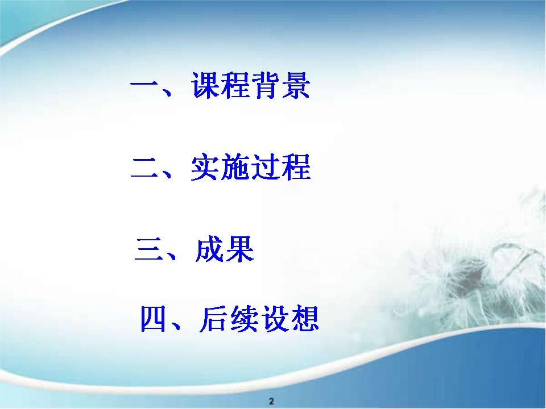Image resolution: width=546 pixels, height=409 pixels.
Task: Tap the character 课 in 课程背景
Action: pyautogui.click(x=206, y=86)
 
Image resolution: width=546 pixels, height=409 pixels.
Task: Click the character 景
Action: pyautogui.click(x=295, y=86)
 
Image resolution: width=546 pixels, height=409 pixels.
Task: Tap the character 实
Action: pyautogui.click(x=205, y=167)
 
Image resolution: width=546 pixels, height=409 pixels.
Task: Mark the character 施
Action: pyautogui.click(x=235, y=167)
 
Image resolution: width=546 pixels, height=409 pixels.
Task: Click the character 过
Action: pyautogui.click(x=266, y=167)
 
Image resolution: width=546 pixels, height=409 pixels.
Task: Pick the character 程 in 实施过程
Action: pyautogui.click(x=296, y=167)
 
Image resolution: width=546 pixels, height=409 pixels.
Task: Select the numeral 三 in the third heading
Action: pyautogui.click(x=148, y=249)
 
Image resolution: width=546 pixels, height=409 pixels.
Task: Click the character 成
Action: pyautogui.click(x=209, y=249)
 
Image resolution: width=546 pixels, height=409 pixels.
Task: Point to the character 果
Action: pyautogui.click(x=239, y=249)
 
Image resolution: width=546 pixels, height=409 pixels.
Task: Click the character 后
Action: pyautogui.click(x=213, y=319)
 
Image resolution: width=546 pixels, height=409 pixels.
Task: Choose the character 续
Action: pyautogui.click(x=244, y=319)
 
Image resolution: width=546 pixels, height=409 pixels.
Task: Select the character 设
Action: pyautogui.click(x=274, y=319)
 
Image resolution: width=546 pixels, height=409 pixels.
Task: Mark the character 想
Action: pyautogui.click(x=304, y=319)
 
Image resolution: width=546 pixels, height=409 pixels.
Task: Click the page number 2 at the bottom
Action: pyautogui.click(x=272, y=401)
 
